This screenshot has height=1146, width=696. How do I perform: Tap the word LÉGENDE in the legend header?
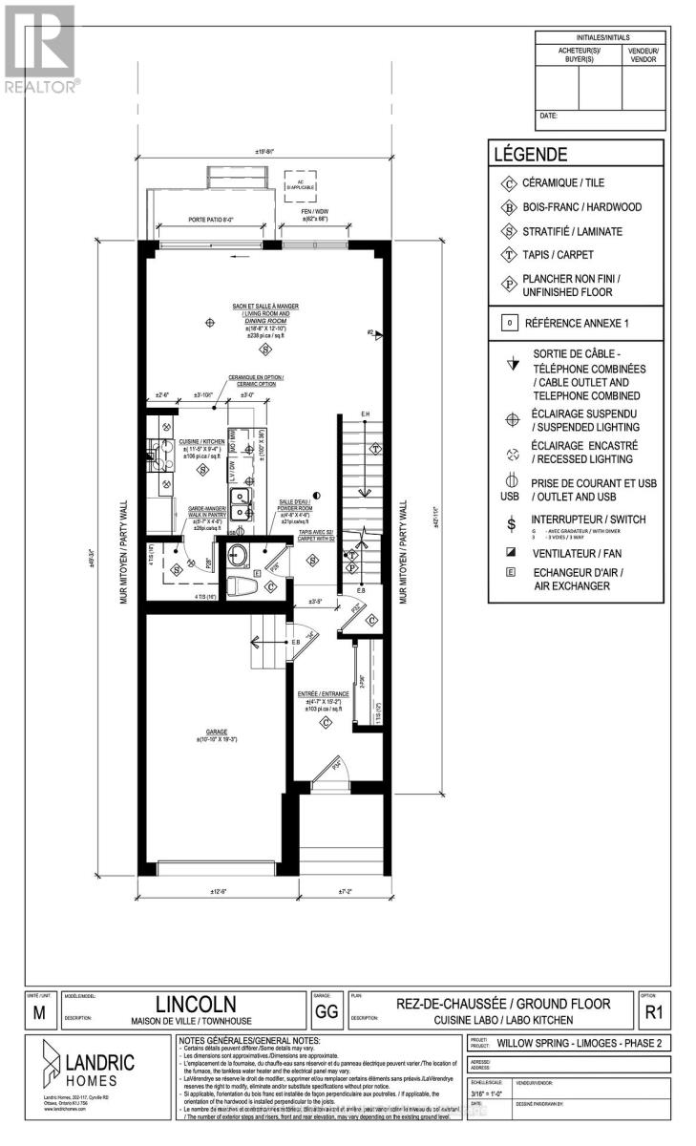[531, 154]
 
